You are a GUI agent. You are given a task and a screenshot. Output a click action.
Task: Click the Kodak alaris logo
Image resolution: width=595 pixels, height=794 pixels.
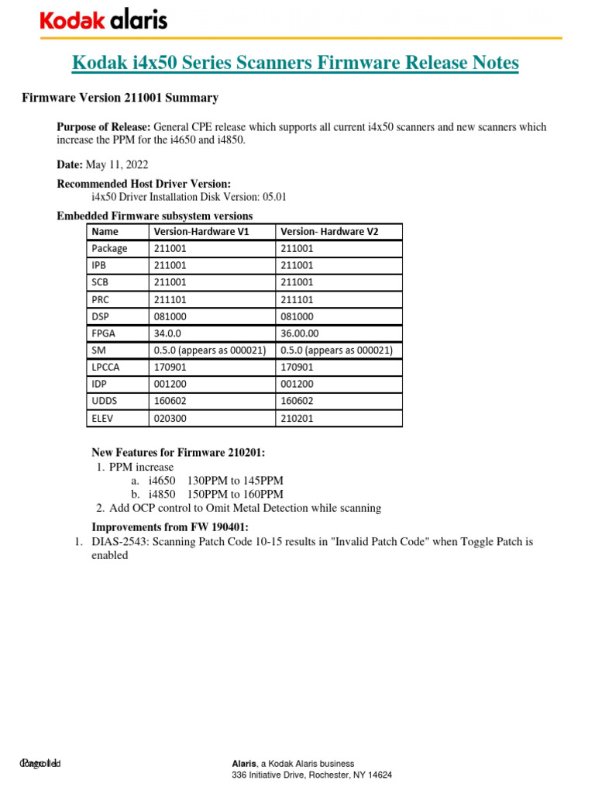point(103,20)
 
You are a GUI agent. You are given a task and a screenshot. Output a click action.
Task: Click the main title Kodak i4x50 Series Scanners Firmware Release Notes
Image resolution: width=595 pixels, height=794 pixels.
point(295,63)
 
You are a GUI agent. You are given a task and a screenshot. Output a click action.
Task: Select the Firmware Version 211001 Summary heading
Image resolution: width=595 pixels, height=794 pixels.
point(119,98)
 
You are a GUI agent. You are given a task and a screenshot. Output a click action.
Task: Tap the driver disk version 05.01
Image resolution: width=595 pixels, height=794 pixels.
point(272,197)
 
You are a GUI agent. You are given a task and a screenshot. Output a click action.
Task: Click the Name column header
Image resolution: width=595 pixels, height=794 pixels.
point(107,231)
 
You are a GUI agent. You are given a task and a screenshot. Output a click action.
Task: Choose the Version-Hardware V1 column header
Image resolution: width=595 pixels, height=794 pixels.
point(201,231)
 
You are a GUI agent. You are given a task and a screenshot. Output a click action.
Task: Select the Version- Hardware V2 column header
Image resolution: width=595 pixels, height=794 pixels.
point(329,231)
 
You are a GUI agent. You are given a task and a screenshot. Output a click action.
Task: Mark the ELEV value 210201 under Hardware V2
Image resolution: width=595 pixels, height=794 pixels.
point(297,419)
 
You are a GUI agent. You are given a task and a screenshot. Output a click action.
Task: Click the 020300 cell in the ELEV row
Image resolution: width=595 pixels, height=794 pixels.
point(171,419)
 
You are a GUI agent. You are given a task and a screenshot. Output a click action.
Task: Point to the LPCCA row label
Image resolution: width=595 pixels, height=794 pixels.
point(107,368)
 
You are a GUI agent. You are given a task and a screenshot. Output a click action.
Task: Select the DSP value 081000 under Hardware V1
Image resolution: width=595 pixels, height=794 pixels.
point(171,316)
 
